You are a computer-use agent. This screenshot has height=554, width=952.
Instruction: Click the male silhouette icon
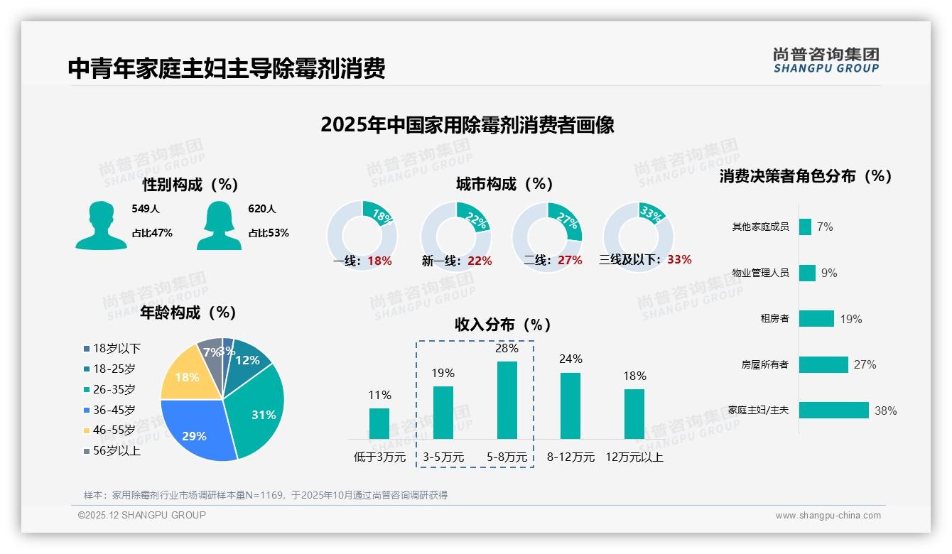click(101, 225)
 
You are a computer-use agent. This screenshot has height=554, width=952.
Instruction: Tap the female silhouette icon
click(219, 225)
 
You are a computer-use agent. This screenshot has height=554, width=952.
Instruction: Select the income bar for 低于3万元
click(379, 423)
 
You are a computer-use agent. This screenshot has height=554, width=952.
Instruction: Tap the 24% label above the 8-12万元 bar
click(570, 359)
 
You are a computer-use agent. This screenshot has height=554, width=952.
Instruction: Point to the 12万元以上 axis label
click(634, 457)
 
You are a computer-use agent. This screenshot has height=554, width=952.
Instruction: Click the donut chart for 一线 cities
click(362, 235)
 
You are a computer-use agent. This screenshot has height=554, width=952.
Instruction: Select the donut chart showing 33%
click(637, 235)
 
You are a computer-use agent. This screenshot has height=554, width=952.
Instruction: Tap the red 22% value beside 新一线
click(480, 261)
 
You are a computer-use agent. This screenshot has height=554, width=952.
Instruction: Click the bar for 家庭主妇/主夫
click(833, 410)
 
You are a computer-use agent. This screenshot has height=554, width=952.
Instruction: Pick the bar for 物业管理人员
click(807, 273)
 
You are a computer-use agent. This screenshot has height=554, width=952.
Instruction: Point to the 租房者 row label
click(774, 319)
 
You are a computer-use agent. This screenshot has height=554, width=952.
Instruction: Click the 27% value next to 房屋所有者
click(865, 365)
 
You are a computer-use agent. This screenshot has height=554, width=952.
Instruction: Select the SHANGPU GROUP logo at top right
click(826, 60)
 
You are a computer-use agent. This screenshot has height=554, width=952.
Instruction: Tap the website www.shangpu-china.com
click(828, 516)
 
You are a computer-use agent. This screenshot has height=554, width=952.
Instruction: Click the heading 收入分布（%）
click(503, 325)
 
